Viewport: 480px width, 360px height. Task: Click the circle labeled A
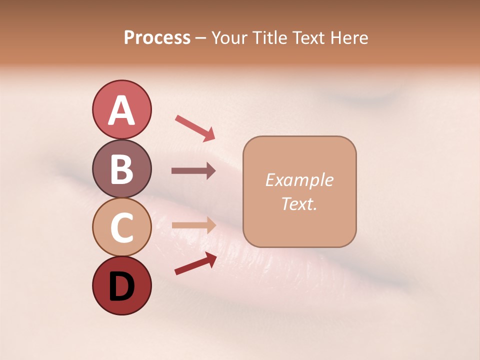(x=121, y=109)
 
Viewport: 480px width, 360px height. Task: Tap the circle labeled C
(x=121, y=226)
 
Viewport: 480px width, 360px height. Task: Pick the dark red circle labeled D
(x=121, y=285)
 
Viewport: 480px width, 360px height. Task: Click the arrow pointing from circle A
(x=195, y=127)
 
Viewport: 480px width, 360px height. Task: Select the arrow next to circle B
(x=193, y=171)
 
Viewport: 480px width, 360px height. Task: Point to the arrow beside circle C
(x=193, y=225)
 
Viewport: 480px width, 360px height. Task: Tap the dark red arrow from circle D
(x=195, y=263)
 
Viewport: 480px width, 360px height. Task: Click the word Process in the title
(x=157, y=37)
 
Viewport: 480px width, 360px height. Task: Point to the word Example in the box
(x=299, y=180)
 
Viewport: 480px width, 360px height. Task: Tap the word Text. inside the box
(x=299, y=203)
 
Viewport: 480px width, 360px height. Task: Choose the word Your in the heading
(x=228, y=37)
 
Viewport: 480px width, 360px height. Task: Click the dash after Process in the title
(x=201, y=38)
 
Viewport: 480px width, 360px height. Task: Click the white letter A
(x=121, y=110)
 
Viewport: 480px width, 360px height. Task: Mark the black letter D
(x=121, y=286)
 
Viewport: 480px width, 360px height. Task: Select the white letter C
(x=121, y=227)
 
